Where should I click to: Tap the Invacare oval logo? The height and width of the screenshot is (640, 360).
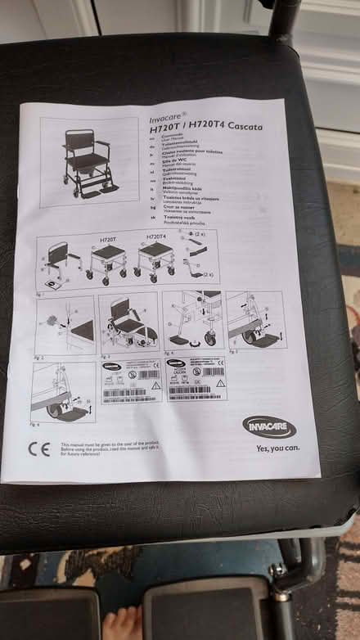click(x=269, y=426)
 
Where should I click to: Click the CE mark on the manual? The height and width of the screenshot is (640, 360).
click(x=38, y=448)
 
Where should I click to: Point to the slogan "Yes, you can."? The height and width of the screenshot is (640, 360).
click(x=277, y=448)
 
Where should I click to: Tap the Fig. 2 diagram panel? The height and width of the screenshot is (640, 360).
click(x=65, y=325)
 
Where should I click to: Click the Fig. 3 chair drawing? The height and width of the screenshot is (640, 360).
click(x=128, y=322)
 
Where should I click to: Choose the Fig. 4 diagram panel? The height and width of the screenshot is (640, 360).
click(x=193, y=320)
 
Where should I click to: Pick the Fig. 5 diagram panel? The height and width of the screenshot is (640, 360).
click(x=255, y=319)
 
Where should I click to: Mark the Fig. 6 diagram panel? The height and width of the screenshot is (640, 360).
click(x=64, y=391)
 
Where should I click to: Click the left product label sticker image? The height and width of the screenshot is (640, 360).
click(x=132, y=382)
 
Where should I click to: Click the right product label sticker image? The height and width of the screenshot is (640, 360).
click(x=196, y=380)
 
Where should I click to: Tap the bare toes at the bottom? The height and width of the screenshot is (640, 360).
click(x=124, y=624)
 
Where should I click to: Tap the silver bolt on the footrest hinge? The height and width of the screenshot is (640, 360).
click(x=278, y=568)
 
